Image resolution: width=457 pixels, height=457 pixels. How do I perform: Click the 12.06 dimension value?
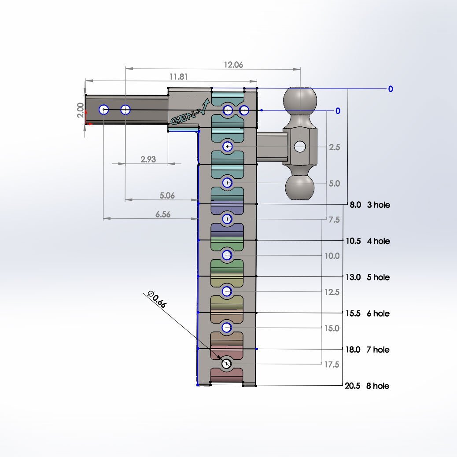tap(233, 64)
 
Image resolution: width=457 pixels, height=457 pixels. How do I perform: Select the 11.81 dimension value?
tap(178, 77)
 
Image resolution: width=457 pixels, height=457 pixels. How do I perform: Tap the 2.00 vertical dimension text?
tap(81, 110)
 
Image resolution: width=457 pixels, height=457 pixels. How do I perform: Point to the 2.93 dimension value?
tap(148, 159)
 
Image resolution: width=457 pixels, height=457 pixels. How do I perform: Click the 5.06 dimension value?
tap(167, 195)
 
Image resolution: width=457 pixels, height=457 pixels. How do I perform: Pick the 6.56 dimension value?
tap(162, 214)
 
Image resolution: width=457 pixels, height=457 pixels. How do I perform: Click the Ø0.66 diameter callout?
tap(157, 299)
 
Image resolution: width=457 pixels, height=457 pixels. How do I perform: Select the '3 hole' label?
tap(378, 205)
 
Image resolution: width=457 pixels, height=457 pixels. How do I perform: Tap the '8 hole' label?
tap(378, 386)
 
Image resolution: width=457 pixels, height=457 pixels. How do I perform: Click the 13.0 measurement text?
tap(353, 277)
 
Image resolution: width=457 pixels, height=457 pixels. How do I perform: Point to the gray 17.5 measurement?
tap(332, 364)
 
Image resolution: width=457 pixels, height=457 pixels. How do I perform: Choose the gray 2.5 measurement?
tap(334, 147)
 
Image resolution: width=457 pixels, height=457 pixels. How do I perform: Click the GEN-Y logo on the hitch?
tap(189, 112)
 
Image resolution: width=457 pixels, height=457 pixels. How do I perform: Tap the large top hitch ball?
tap(300, 100)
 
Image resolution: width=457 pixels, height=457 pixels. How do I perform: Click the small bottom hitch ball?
tap(300, 187)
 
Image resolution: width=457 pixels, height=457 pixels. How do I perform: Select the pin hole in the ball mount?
tap(300, 146)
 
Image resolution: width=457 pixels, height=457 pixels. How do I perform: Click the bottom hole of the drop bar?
tap(226, 364)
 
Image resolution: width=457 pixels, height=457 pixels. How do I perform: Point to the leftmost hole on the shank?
tap(104, 110)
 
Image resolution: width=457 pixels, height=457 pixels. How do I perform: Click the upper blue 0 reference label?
tap(391, 89)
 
